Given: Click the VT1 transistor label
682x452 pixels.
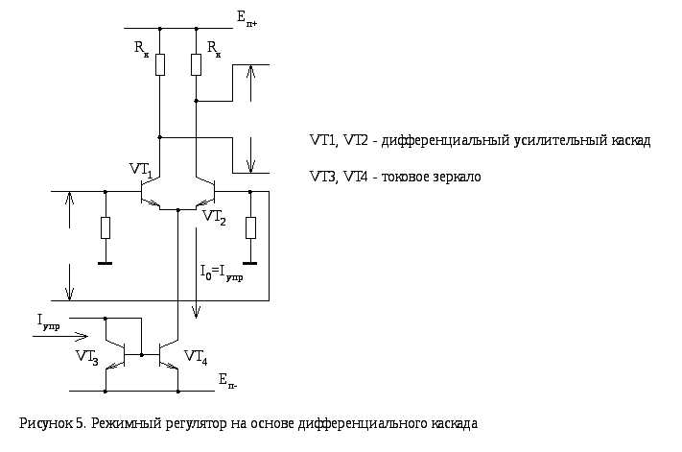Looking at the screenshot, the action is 141,170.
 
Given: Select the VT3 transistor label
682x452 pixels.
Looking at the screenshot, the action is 87,357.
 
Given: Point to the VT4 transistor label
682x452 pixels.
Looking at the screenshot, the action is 196,357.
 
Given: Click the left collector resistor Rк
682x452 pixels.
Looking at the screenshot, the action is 160,65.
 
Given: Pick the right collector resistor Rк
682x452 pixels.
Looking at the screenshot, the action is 197,65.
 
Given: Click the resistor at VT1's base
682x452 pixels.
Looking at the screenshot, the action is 106,228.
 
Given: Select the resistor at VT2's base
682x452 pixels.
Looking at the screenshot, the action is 250,228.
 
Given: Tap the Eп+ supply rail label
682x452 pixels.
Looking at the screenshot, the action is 247,19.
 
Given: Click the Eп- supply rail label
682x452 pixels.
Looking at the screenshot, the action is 228,381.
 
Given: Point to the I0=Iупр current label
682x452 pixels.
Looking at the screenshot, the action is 222,274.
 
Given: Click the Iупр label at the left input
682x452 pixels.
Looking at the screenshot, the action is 49,322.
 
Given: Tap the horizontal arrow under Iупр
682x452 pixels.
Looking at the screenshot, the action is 60,336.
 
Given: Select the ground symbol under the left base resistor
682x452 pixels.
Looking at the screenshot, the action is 106,263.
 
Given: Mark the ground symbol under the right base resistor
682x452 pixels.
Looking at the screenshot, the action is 250,263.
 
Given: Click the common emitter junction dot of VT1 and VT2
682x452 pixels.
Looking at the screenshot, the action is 177,210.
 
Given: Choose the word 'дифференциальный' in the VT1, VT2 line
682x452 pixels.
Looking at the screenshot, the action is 445,141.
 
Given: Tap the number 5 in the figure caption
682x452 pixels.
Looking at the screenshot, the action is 80,423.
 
